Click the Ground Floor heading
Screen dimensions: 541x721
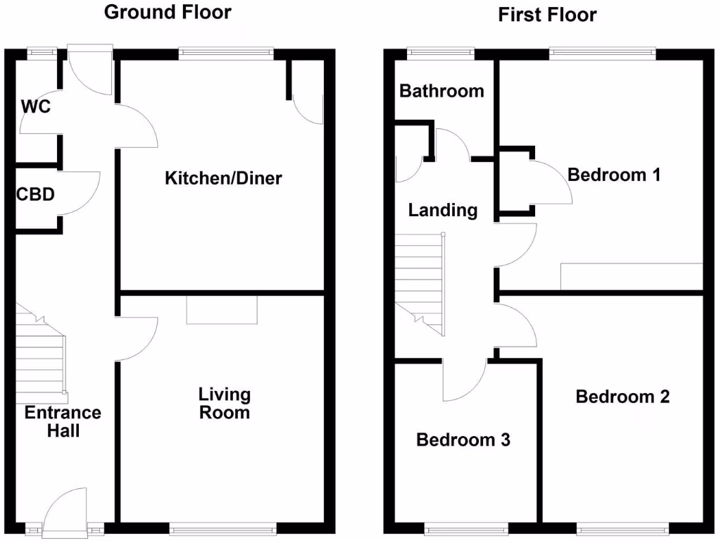(167, 12)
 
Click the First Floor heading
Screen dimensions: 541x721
(547, 14)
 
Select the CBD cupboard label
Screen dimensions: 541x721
(35, 194)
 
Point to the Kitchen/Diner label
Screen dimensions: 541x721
(222, 178)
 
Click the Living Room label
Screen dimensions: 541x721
(224, 403)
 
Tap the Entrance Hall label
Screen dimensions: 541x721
(63, 421)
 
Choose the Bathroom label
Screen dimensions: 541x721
(441, 91)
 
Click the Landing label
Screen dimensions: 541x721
(443, 210)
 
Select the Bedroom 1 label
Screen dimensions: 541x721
(613, 175)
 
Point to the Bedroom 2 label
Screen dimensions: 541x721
(622, 397)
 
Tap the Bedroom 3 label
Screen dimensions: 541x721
(463, 440)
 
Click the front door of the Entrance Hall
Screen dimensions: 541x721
(65, 513)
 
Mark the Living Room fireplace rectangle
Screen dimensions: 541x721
(222, 309)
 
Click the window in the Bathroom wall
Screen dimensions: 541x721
(441, 53)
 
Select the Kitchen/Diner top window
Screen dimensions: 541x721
(225, 53)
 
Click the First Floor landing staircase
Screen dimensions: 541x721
(420, 282)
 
